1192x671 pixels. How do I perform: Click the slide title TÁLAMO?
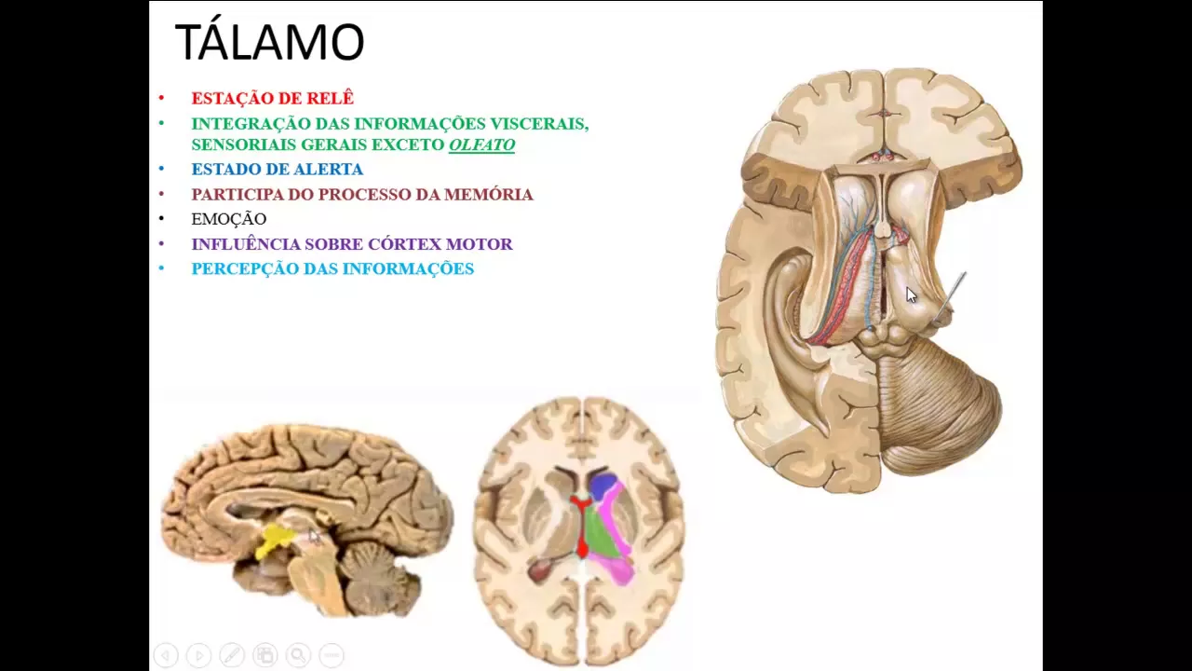[269, 43]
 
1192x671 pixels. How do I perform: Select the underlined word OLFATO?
[481, 144]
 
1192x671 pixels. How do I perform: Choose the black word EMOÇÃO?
[229, 219]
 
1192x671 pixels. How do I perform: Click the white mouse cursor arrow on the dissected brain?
[911, 295]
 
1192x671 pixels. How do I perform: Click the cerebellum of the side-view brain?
[378, 573]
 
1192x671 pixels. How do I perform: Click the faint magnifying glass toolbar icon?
[298, 655]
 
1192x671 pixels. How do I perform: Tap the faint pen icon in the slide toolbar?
[232, 655]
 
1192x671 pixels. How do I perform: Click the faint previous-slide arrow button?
[165, 655]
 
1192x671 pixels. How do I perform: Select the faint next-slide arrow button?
[198, 655]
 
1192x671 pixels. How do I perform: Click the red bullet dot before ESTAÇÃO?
[161, 98]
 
